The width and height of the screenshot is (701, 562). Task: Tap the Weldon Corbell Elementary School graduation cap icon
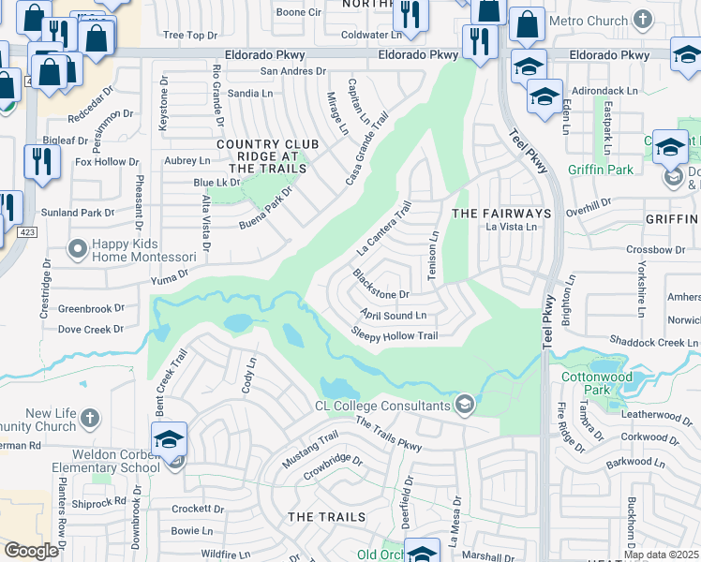[169, 439]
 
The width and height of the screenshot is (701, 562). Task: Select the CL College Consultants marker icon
[463, 405]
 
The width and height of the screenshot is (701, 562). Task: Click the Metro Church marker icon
[642, 20]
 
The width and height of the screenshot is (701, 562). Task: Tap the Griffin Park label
[600, 170]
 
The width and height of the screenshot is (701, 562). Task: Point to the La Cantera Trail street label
[384, 230]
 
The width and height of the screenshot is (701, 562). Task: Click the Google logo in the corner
[32, 551]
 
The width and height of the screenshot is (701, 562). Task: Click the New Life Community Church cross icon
[89, 417]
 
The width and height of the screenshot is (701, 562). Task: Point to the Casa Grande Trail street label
[366, 148]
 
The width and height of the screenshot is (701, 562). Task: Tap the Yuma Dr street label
[170, 276]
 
